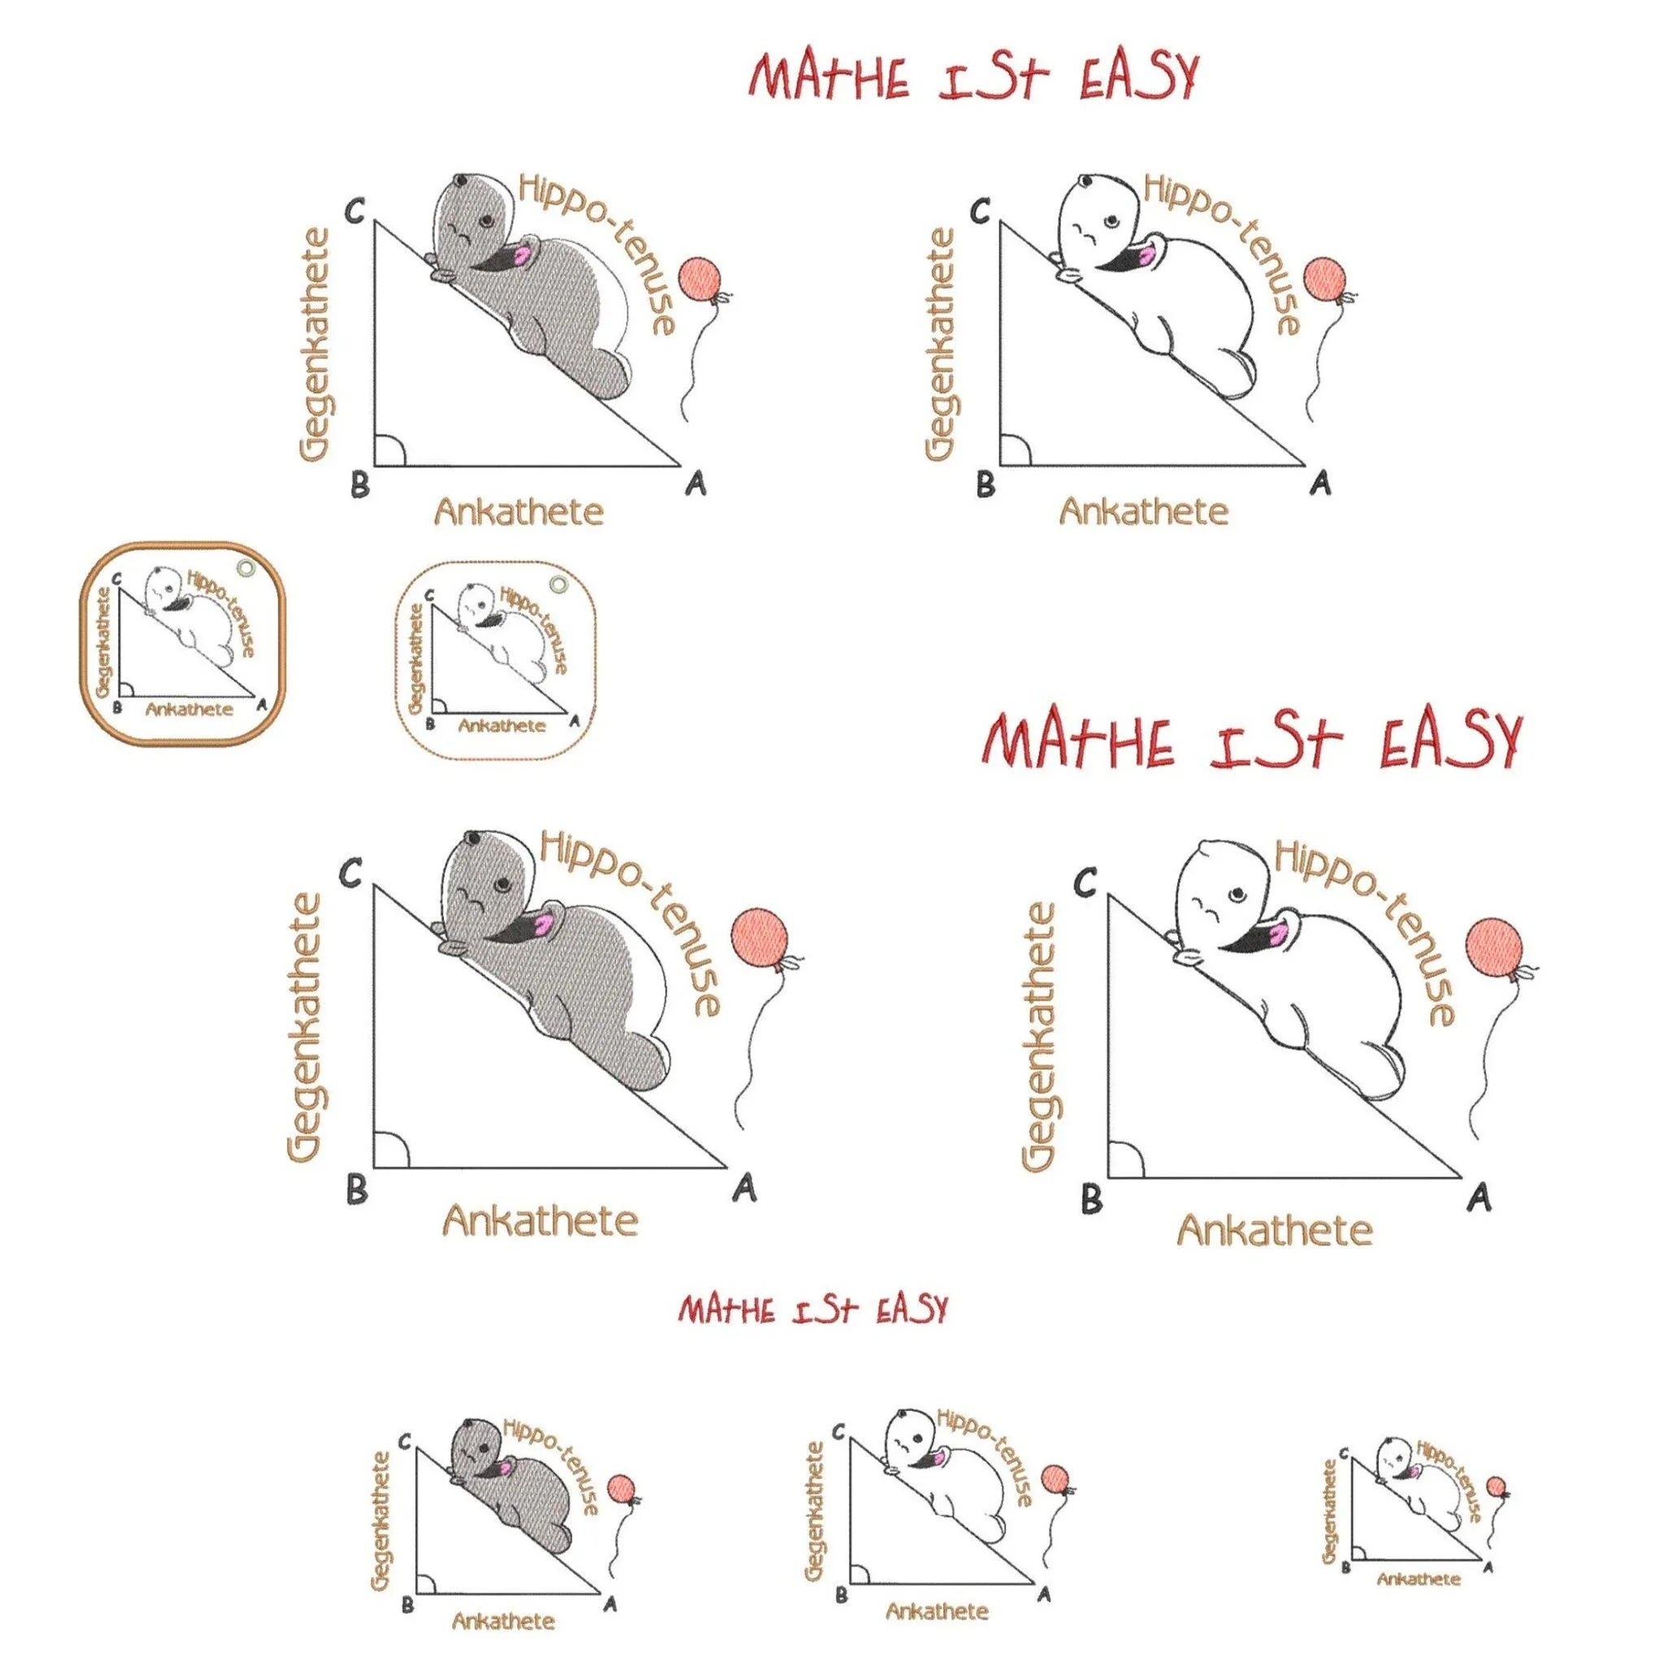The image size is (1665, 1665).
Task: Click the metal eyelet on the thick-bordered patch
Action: pos(246,568)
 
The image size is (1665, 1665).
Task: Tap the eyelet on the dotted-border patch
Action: pos(559,586)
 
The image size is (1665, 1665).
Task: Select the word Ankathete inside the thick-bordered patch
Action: pos(189,709)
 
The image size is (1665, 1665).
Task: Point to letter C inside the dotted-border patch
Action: pos(429,595)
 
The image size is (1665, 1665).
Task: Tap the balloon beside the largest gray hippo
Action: pos(759,937)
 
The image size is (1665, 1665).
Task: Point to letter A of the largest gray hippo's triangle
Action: pos(745,1188)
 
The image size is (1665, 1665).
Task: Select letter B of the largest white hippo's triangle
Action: pos(1091,1199)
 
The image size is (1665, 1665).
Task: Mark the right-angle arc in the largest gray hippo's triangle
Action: pos(393,1150)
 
